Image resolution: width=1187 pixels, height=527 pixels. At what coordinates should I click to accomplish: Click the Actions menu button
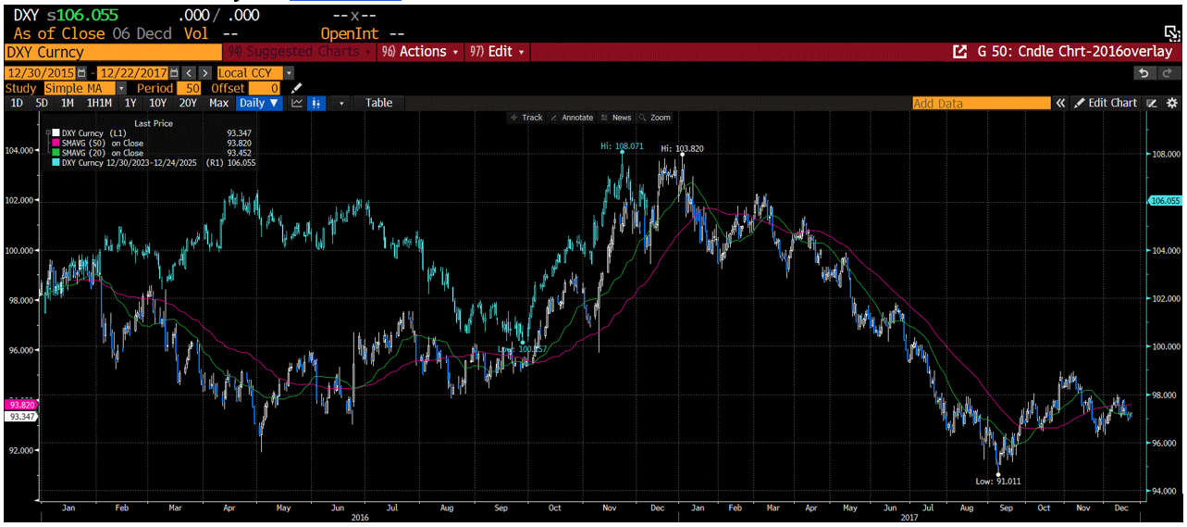coord(422,52)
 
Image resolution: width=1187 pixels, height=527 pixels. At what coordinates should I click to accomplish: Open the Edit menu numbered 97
coord(500,52)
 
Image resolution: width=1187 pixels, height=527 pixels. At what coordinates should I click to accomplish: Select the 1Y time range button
coord(130,103)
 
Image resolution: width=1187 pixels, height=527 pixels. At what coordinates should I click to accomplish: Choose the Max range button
coord(218,103)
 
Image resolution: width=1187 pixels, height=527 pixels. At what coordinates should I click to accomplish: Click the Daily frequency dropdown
coord(259,103)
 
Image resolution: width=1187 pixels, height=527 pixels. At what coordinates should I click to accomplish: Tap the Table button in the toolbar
coord(378,103)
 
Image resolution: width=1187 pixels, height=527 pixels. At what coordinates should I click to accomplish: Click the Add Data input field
coord(981,104)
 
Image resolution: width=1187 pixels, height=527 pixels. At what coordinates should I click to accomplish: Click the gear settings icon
coord(1171,103)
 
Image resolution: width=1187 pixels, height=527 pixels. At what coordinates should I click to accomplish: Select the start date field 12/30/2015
coord(42,72)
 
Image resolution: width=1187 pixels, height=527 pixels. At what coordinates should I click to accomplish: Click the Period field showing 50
coord(194,88)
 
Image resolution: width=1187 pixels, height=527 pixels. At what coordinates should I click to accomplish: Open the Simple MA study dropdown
coord(69,88)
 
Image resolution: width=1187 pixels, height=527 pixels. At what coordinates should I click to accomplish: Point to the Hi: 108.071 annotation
coord(617,146)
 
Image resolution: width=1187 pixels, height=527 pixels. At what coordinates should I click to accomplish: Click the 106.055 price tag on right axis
coord(1164,200)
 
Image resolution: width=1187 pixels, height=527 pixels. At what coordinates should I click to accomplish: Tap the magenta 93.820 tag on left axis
coord(19,405)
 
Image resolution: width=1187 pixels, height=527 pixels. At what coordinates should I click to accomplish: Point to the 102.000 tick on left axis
coord(19,200)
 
